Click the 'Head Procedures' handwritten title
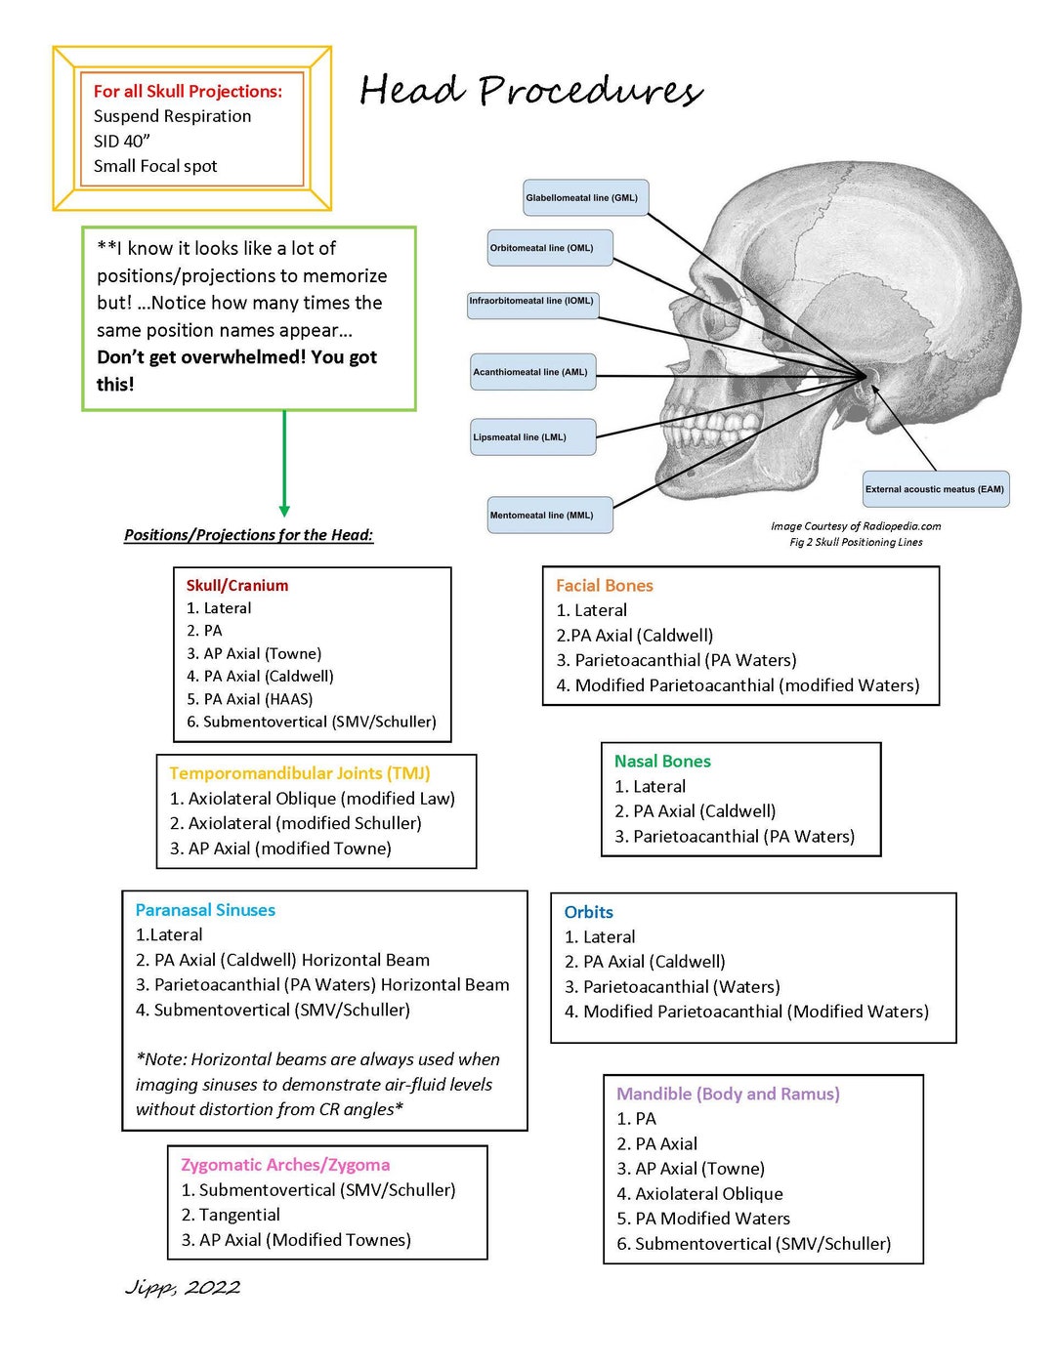[x=530, y=91]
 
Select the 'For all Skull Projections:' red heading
[x=188, y=91]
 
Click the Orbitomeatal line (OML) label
[x=550, y=248]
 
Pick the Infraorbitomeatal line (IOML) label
[x=532, y=302]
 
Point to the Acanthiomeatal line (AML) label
[x=532, y=372]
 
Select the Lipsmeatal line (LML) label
[x=532, y=437]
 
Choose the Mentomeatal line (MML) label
[x=550, y=516]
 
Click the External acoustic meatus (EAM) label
[x=935, y=489]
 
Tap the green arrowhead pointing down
[x=284, y=510]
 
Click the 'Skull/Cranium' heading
[x=237, y=586]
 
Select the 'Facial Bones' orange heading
[x=604, y=586]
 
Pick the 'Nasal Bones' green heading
[x=662, y=762]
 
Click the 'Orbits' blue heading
[x=588, y=912]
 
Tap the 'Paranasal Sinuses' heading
[x=205, y=910]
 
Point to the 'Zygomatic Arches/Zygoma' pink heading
[x=285, y=1165]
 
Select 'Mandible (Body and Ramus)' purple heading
[x=728, y=1095]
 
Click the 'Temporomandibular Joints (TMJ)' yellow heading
[x=299, y=773]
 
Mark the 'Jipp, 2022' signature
[x=183, y=1288]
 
